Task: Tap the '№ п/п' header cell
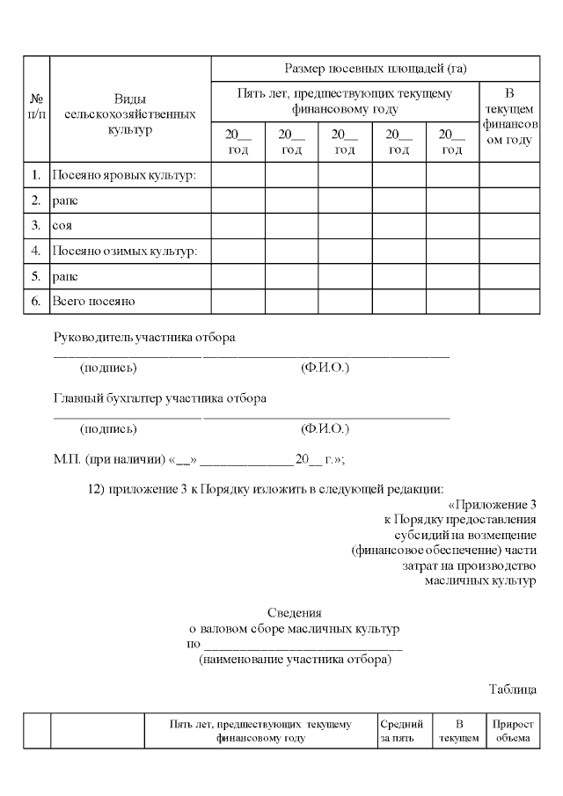pyautogui.click(x=37, y=108)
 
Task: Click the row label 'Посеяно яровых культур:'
pyautogui.click(x=124, y=175)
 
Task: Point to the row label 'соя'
pyautogui.click(x=62, y=225)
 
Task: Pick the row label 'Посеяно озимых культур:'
pyautogui.click(x=124, y=251)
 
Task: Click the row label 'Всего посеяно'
pyautogui.click(x=93, y=301)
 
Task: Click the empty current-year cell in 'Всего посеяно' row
pyautogui.click(x=508, y=301)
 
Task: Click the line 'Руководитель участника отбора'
pyautogui.click(x=145, y=337)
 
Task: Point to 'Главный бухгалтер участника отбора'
pyautogui.click(x=160, y=398)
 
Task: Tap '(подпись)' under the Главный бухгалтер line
pyautogui.click(x=108, y=428)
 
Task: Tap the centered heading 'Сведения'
pyautogui.click(x=295, y=612)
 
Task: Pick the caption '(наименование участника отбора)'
pyautogui.click(x=295, y=659)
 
